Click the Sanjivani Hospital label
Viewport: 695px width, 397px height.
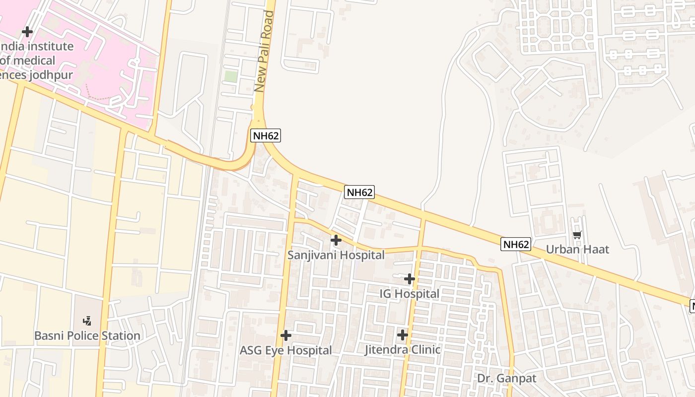pyautogui.click(x=336, y=255)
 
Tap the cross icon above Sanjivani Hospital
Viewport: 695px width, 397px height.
pyautogui.click(x=336, y=241)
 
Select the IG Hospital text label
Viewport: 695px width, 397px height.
pyautogui.click(x=410, y=294)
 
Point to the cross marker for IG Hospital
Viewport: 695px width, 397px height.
pyautogui.click(x=410, y=279)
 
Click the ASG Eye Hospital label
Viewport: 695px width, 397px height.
pyautogui.click(x=286, y=350)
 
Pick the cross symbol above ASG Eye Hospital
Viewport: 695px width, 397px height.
pyautogui.click(x=286, y=335)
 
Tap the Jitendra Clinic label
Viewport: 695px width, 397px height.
pyautogui.click(x=403, y=350)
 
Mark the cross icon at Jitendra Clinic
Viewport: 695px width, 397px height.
pyautogui.click(x=403, y=335)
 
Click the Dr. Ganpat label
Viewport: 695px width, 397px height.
pyautogui.click(x=507, y=379)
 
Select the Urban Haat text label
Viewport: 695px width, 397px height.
pyautogui.click(x=577, y=249)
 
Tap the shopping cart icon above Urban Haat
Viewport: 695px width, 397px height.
pyautogui.click(x=577, y=235)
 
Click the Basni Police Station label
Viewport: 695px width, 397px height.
pyautogui.click(x=87, y=336)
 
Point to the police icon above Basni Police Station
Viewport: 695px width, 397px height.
pyautogui.click(x=87, y=321)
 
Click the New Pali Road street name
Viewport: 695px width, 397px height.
pyautogui.click(x=264, y=51)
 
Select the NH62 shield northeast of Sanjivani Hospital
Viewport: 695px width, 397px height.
pyautogui.click(x=359, y=192)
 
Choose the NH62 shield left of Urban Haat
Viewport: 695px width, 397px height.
pyautogui.click(x=516, y=244)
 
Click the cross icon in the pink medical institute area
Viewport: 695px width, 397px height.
pyautogui.click(x=27, y=32)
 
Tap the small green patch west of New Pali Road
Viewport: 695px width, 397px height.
pyautogui.click(x=231, y=76)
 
